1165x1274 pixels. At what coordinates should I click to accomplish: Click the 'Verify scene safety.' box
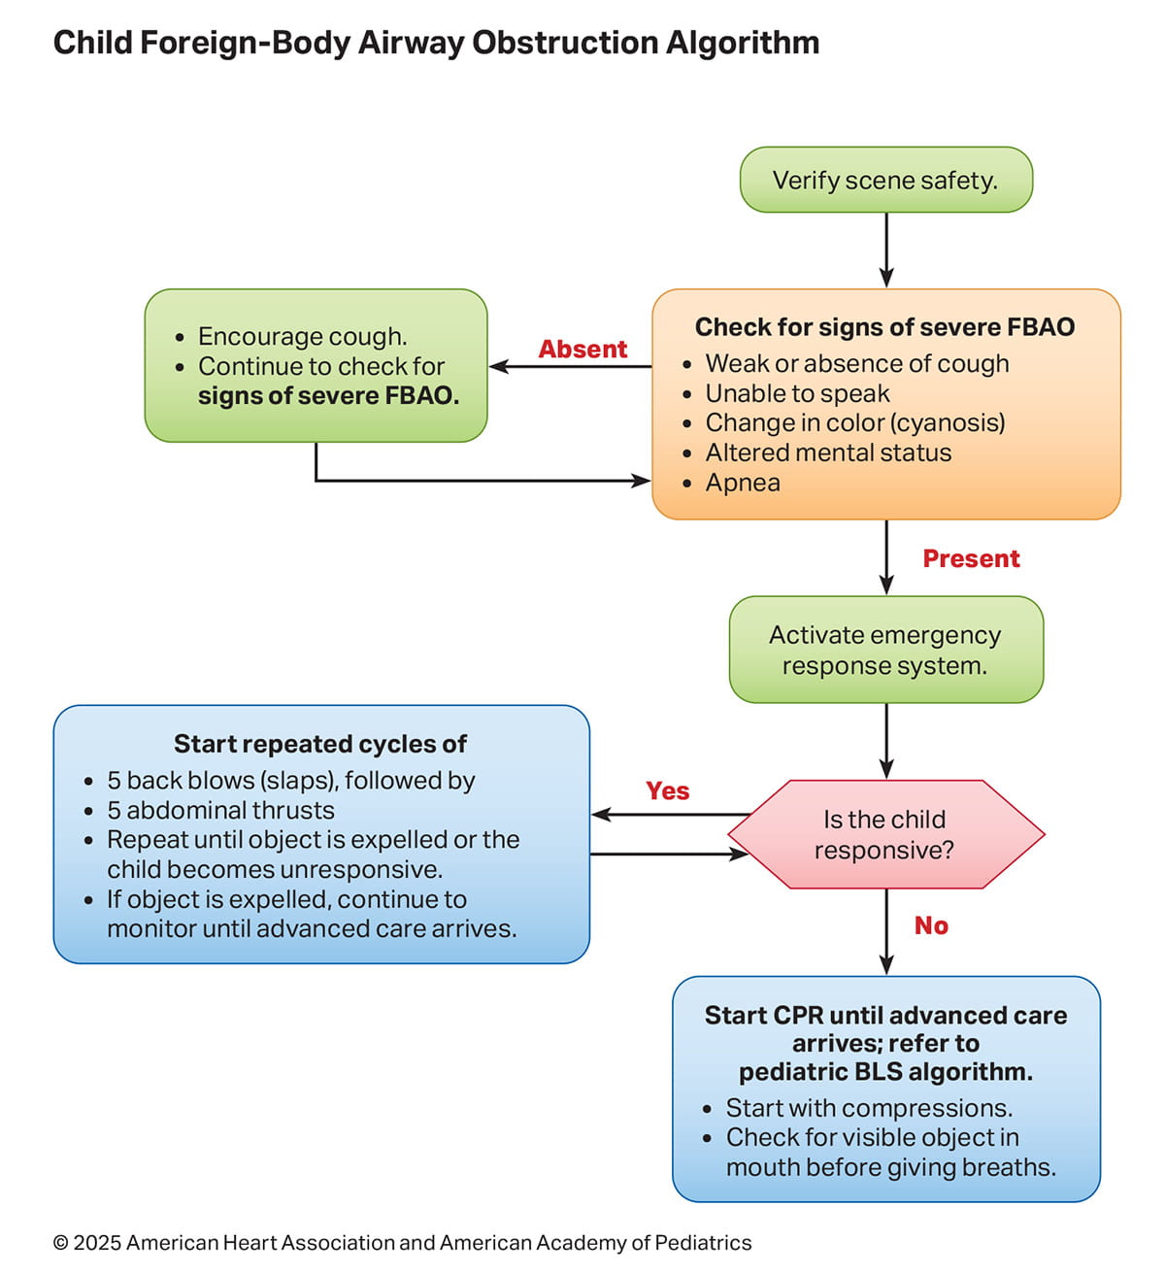click(885, 180)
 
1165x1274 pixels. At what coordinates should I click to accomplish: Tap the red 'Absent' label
click(582, 350)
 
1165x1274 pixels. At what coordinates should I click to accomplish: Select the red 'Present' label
click(971, 559)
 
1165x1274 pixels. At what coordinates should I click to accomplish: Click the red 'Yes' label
click(668, 791)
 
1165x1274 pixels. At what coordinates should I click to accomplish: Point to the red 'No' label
click(931, 926)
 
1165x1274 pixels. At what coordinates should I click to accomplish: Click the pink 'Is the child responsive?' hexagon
click(884, 835)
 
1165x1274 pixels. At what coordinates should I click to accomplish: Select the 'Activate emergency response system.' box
click(885, 650)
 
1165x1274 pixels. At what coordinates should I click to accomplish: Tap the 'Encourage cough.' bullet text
click(302, 336)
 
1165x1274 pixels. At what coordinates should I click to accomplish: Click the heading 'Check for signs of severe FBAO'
click(884, 327)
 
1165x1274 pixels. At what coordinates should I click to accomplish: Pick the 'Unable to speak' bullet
click(797, 393)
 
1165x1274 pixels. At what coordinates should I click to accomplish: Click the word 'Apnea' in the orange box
click(743, 483)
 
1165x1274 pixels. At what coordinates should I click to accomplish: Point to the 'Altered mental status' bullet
click(828, 453)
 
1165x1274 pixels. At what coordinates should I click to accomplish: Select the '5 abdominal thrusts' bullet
click(220, 810)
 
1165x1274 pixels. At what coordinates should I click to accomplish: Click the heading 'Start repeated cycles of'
click(320, 744)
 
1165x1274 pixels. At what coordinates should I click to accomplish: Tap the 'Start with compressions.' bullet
click(869, 1108)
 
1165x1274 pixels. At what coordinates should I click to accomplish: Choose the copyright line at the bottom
click(402, 1243)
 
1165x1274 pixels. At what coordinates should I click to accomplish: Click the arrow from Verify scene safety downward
click(886, 250)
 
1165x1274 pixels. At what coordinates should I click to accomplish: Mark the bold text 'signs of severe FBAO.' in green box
click(328, 396)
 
